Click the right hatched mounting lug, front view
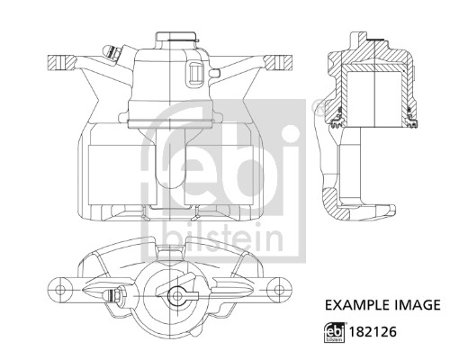click(279, 62)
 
